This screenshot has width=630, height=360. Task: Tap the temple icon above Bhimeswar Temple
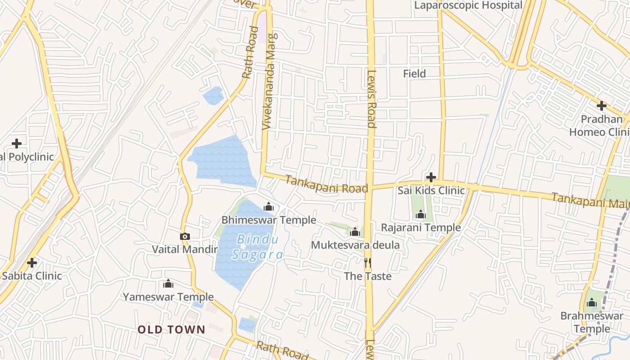[269, 207]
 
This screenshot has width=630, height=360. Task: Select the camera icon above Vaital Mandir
[184, 236]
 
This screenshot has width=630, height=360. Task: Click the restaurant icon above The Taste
[368, 263]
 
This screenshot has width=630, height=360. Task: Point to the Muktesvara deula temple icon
[355, 232]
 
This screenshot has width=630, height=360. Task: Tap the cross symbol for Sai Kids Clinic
[431, 177]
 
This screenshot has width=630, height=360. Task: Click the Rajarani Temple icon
[421, 215]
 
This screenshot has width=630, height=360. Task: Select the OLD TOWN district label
[171, 329]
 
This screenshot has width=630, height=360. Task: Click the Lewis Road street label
[371, 99]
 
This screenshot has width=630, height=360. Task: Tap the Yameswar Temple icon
[168, 284]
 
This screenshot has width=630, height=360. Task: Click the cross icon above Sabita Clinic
[31, 262]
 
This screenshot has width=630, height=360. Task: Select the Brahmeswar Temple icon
[592, 303]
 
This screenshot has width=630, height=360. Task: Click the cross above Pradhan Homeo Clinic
[601, 106]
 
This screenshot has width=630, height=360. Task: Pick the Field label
[414, 74]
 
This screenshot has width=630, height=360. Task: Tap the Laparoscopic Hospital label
[468, 5]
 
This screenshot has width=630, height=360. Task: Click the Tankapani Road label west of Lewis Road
[327, 184]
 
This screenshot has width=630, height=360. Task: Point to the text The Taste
[368, 276]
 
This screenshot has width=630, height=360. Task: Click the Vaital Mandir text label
[184, 249]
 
